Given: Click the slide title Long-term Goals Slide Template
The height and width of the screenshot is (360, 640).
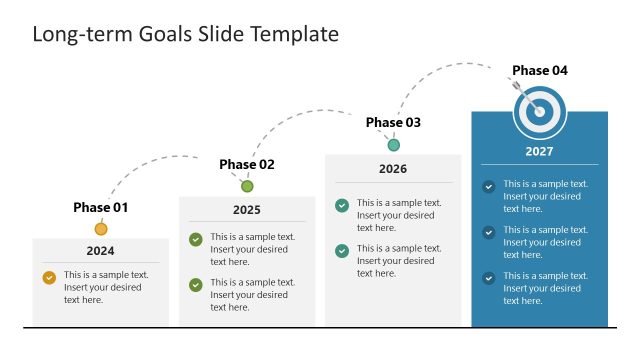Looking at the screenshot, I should point(186,34).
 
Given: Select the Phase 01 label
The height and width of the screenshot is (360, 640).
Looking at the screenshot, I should point(101,208).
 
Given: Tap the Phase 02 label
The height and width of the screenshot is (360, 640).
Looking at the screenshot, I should point(247,164).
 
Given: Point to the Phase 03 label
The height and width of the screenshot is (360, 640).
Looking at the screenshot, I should point(393,122).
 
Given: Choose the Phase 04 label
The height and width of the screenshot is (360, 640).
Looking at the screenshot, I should point(540,70).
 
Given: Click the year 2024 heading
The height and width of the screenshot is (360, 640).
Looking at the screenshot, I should point(100,251).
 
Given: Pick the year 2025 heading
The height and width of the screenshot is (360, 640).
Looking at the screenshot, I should point(247,210).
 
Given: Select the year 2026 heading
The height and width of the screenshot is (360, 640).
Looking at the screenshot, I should point(393,169).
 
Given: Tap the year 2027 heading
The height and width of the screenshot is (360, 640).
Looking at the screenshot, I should point(539,152).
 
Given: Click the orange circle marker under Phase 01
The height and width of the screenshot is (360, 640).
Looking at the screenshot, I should point(101,229).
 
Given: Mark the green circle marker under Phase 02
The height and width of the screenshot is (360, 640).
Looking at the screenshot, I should point(247,186).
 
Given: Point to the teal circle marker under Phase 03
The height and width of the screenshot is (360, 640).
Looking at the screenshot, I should point(393,145).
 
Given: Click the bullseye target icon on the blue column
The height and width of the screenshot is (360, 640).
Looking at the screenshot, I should point(539,112).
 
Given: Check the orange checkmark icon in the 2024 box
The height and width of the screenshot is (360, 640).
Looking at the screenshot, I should point(49,278).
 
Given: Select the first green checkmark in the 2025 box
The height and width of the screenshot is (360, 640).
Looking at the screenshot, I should point(196,239).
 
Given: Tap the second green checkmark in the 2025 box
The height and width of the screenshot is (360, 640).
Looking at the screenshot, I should point(196,285).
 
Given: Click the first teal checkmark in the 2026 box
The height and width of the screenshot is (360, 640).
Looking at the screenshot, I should point(342,205).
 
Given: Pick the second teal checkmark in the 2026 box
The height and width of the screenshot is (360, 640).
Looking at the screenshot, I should point(342,251).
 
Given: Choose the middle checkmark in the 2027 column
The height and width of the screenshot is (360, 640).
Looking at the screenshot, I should point(488,232).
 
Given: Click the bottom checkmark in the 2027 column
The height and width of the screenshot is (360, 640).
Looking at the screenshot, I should point(488,278).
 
